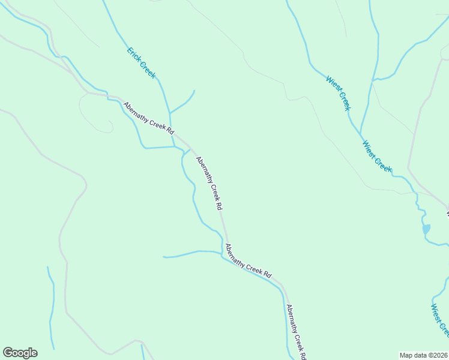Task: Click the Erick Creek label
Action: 141,62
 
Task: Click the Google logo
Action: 20,353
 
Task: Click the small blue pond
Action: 426,229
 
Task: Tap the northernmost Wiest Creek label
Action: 338,93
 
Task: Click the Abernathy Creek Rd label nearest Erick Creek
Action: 149,118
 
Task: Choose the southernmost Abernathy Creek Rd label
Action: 296,332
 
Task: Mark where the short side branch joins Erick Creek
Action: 170,113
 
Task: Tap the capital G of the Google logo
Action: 8,353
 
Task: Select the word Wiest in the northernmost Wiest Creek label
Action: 332,84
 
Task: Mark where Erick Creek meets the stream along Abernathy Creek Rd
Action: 173,146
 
